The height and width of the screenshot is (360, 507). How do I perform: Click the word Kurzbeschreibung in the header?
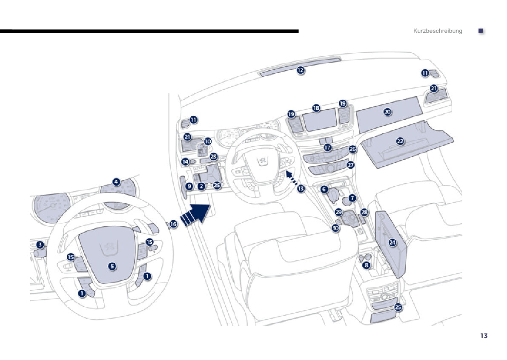[x=437, y=31]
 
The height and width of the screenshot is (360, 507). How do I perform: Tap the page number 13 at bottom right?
[x=484, y=336]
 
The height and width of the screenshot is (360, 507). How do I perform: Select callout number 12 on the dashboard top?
[x=301, y=70]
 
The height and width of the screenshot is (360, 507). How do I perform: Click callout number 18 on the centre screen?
[x=316, y=108]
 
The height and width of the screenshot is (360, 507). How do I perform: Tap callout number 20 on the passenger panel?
[x=387, y=112]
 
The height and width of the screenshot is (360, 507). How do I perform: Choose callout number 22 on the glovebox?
[x=400, y=141]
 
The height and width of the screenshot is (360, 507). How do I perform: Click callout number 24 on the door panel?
[x=392, y=242]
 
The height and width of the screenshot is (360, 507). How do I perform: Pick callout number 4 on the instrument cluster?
[x=116, y=182]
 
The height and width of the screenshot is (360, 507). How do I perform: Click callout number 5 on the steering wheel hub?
[x=112, y=266]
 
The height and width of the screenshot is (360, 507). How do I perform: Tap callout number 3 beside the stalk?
[x=40, y=245]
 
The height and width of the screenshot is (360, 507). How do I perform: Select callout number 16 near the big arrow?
[x=173, y=223]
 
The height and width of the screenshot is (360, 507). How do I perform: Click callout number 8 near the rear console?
[x=367, y=265]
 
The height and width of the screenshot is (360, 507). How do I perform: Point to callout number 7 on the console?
[x=352, y=198]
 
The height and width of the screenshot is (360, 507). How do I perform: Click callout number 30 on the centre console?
[x=336, y=228]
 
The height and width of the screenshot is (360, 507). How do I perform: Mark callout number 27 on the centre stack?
[x=350, y=164]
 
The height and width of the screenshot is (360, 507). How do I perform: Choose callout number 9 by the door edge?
[x=189, y=186]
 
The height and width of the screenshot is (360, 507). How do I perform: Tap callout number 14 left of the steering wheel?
[x=185, y=161]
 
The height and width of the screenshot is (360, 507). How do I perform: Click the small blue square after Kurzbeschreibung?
[x=481, y=31]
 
